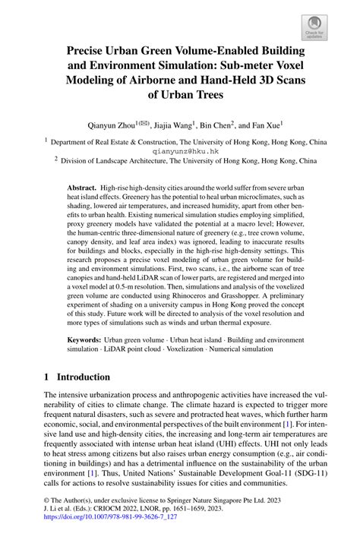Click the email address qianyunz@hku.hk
click(x=180, y=150)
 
